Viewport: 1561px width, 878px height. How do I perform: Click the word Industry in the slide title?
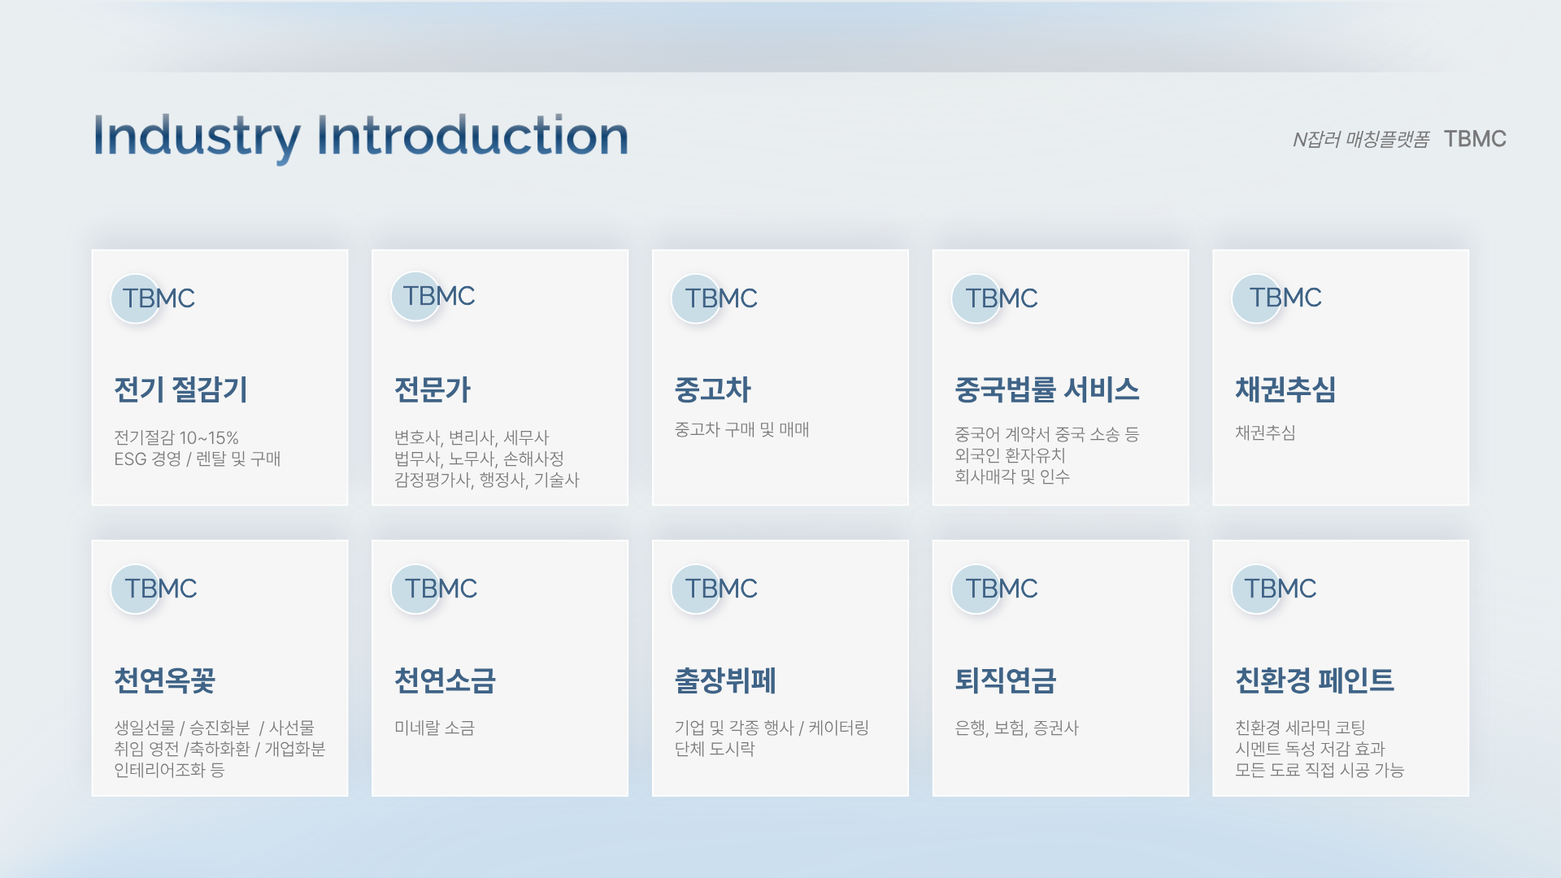point(197,137)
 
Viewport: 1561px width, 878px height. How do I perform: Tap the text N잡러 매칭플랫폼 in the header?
point(1361,140)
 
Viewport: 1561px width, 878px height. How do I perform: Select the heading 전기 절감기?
point(180,389)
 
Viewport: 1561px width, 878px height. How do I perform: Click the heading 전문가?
point(433,389)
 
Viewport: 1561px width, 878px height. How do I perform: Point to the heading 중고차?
point(713,389)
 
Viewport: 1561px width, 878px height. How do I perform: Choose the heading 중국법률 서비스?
point(1047,389)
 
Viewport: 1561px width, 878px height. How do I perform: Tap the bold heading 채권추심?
point(1285,389)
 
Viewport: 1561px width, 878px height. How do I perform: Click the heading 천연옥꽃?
point(164,680)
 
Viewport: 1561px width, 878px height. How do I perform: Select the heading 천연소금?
point(445,680)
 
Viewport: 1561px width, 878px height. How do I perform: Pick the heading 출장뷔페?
point(725,680)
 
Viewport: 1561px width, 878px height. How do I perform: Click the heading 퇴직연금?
point(1006,680)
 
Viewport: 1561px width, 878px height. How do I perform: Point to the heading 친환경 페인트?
point(1315,680)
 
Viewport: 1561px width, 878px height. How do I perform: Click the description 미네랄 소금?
point(434,728)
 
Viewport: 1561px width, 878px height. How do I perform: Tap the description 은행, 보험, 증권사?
point(1016,728)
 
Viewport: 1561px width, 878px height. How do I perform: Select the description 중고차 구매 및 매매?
point(741,429)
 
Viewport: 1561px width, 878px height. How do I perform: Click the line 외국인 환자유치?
point(1010,455)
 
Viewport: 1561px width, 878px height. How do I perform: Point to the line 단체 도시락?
point(715,749)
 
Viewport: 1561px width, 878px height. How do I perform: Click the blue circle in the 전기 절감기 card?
point(135,298)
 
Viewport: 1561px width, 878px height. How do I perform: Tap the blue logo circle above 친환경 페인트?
point(1256,589)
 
